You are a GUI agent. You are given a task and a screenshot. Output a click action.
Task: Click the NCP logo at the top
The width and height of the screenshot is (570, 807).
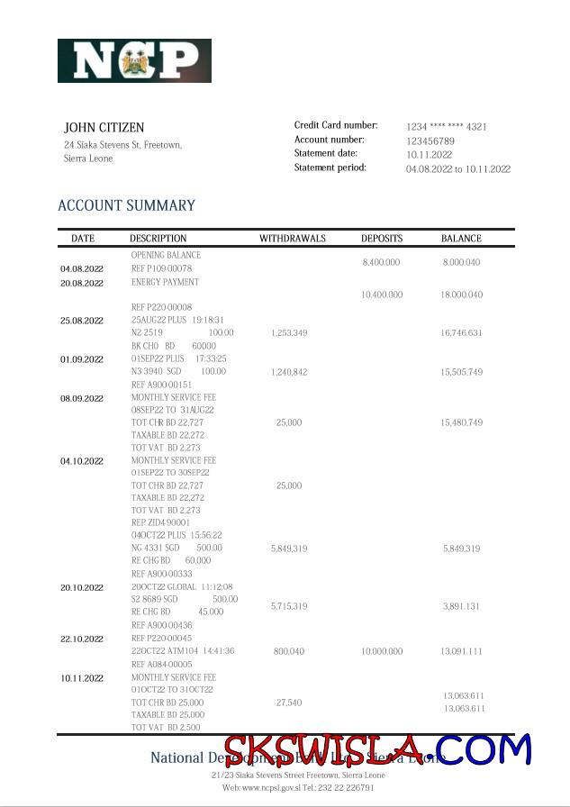[x=134, y=60]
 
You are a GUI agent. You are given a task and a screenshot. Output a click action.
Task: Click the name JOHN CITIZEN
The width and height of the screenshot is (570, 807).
[x=104, y=128]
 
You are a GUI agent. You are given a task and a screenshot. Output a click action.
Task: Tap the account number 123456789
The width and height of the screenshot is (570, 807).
[x=430, y=141]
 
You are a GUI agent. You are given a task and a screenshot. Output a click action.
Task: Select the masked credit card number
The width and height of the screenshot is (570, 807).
[x=446, y=127]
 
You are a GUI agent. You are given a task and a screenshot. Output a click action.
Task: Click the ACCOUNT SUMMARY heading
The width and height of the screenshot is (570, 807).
[x=126, y=205]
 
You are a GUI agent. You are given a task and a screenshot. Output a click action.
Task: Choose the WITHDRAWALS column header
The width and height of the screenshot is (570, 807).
[x=293, y=239]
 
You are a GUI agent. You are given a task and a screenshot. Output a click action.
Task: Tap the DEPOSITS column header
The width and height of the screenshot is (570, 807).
[x=382, y=239]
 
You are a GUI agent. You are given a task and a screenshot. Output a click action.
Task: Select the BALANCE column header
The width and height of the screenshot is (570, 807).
[x=461, y=239]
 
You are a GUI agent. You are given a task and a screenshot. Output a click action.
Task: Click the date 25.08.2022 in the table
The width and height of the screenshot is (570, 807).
[x=82, y=321]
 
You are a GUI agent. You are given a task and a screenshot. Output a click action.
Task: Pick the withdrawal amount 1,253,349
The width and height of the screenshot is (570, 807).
[x=289, y=333]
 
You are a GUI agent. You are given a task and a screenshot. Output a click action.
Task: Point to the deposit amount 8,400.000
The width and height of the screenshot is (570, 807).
[x=381, y=262]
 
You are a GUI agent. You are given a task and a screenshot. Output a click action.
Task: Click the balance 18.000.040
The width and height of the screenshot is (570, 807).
[x=461, y=295]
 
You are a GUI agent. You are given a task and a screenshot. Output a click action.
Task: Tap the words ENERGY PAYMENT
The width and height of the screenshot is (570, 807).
[x=165, y=282]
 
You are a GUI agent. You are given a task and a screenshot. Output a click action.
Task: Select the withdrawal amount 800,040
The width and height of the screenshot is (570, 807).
[x=289, y=651]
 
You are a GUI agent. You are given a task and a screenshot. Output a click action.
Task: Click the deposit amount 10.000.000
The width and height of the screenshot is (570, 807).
[x=382, y=651]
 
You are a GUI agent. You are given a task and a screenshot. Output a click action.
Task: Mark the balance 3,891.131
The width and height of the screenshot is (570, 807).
[x=462, y=607]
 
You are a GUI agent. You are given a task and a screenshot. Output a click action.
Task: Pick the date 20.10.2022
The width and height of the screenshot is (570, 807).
[x=82, y=587]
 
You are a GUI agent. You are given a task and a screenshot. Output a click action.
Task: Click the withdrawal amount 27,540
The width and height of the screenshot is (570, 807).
[x=289, y=703]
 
